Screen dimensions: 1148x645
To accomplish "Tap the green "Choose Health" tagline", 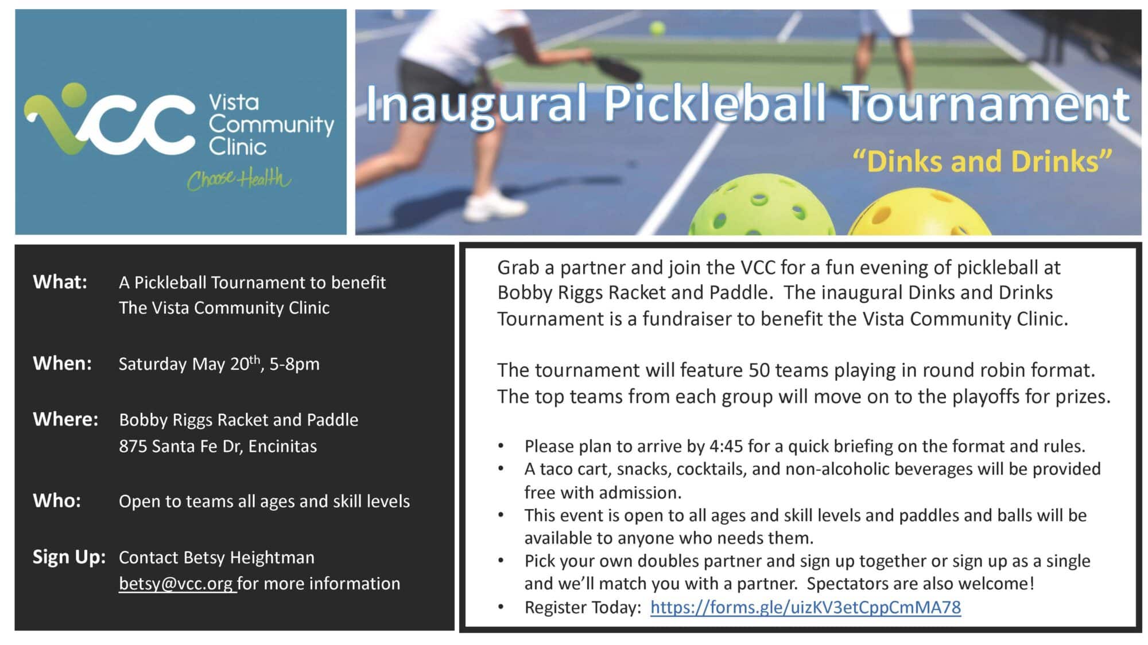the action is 239,179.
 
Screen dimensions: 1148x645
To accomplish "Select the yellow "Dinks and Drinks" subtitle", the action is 982,161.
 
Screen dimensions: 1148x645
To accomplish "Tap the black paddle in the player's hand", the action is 617,68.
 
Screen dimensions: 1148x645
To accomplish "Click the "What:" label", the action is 60,282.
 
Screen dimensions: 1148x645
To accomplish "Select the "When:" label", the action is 62,363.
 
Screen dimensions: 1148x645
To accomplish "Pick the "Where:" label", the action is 65,420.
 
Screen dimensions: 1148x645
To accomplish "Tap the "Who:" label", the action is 57,501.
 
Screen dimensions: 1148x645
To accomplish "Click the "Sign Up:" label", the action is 69,557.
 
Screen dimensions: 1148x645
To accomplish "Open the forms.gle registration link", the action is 805,607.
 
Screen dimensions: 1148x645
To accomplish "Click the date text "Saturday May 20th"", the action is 189,363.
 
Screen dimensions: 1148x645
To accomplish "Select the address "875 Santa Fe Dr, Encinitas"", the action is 218,446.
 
